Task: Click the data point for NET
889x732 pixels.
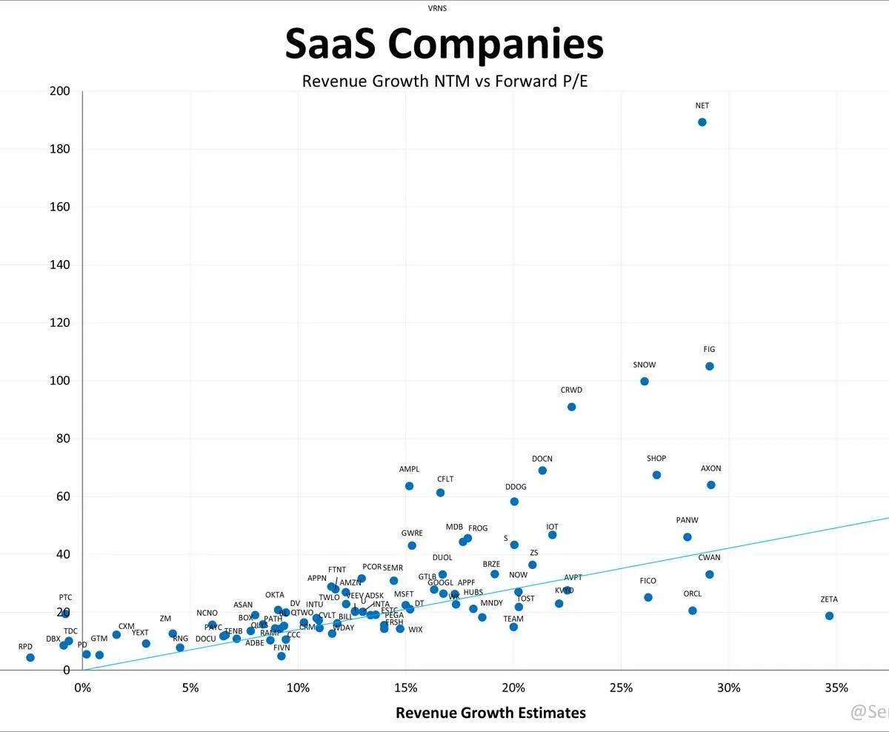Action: click(702, 122)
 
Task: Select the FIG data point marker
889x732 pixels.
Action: click(710, 366)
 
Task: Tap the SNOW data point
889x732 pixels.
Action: click(645, 382)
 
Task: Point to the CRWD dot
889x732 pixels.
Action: click(572, 407)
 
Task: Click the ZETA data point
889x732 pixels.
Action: click(829, 616)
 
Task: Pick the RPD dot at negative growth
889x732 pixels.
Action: click(30, 657)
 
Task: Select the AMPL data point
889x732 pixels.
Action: click(409, 486)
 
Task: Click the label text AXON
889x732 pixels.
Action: click(711, 469)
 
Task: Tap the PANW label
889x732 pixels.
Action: click(687, 521)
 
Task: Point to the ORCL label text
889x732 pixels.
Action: click(693, 594)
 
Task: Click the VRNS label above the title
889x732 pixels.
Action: click(438, 9)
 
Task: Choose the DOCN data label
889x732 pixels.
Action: click(542, 459)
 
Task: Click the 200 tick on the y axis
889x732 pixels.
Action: click(59, 91)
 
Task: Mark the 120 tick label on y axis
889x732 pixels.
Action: click(59, 323)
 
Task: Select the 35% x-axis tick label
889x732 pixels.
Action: click(836, 688)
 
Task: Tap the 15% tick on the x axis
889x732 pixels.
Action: click(405, 688)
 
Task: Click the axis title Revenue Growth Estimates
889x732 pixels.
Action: click(490, 713)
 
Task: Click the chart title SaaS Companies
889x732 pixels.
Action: click(444, 44)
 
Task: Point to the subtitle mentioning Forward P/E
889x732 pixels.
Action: click(444, 81)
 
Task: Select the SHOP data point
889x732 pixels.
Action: click(656, 475)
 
